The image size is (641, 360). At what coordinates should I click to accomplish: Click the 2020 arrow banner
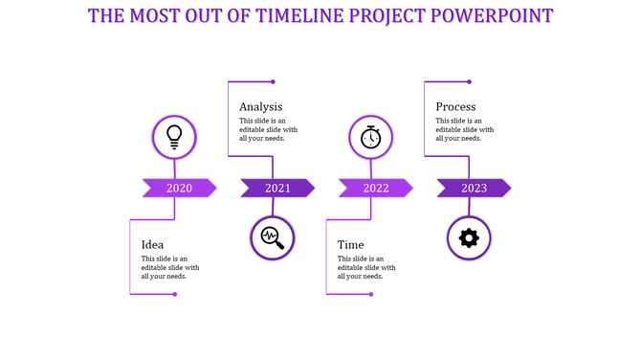[x=179, y=188]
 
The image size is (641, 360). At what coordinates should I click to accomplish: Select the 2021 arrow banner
[x=277, y=188]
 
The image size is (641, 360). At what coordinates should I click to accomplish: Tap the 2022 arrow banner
[x=375, y=188]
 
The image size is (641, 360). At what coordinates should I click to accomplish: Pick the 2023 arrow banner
[x=474, y=188]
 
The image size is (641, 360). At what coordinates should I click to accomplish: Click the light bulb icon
[x=174, y=136]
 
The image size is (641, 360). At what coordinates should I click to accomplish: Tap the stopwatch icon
[x=370, y=137]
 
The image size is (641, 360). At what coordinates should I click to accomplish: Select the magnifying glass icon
[x=273, y=237]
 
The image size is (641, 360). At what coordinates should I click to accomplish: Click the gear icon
[x=469, y=237]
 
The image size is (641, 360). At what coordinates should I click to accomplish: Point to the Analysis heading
[x=260, y=106]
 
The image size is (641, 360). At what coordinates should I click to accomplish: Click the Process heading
[x=455, y=106]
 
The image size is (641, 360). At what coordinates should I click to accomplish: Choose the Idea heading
[x=152, y=244]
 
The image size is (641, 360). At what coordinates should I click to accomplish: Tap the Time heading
[x=350, y=244]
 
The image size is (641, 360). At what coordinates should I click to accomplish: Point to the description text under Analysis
[x=269, y=129]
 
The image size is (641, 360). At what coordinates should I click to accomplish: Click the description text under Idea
[x=170, y=267]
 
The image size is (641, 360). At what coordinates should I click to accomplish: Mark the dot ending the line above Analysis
[x=273, y=81]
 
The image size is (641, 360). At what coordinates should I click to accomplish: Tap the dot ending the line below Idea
[x=174, y=294]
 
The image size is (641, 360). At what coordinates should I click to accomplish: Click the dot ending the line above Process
[x=469, y=81]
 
